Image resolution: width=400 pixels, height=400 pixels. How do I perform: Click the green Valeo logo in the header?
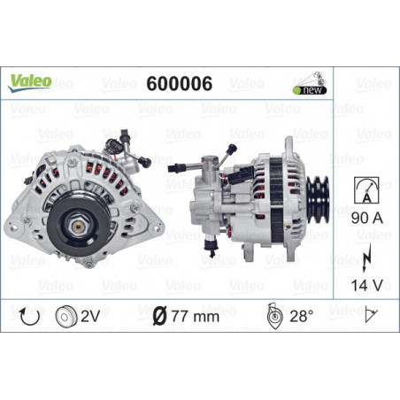(x=30, y=82)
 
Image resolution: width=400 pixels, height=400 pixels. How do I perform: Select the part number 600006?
(x=180, y=83)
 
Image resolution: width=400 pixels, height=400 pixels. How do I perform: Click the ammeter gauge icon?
(x=366, y=190)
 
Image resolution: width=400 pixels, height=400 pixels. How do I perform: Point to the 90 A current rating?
(x=367, y=218)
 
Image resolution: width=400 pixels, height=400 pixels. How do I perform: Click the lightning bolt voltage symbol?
(x=366, y=258)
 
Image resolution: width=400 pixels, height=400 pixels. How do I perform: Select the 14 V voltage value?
(x=367, y=285)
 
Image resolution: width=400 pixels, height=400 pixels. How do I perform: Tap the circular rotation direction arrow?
(x=29, y=317)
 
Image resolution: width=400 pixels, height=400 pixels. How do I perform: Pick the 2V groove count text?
(x=90, y=317)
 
